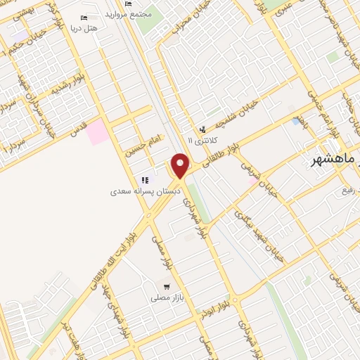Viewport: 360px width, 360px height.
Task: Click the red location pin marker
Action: (x=181, y=165)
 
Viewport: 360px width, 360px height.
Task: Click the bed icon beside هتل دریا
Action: (x=85, y=18)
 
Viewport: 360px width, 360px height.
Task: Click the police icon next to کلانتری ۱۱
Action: (x=202, y=129)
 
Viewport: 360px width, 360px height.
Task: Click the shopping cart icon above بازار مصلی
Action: (x=167, y=287)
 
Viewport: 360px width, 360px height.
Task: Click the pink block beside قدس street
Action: (x=98, y=131)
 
